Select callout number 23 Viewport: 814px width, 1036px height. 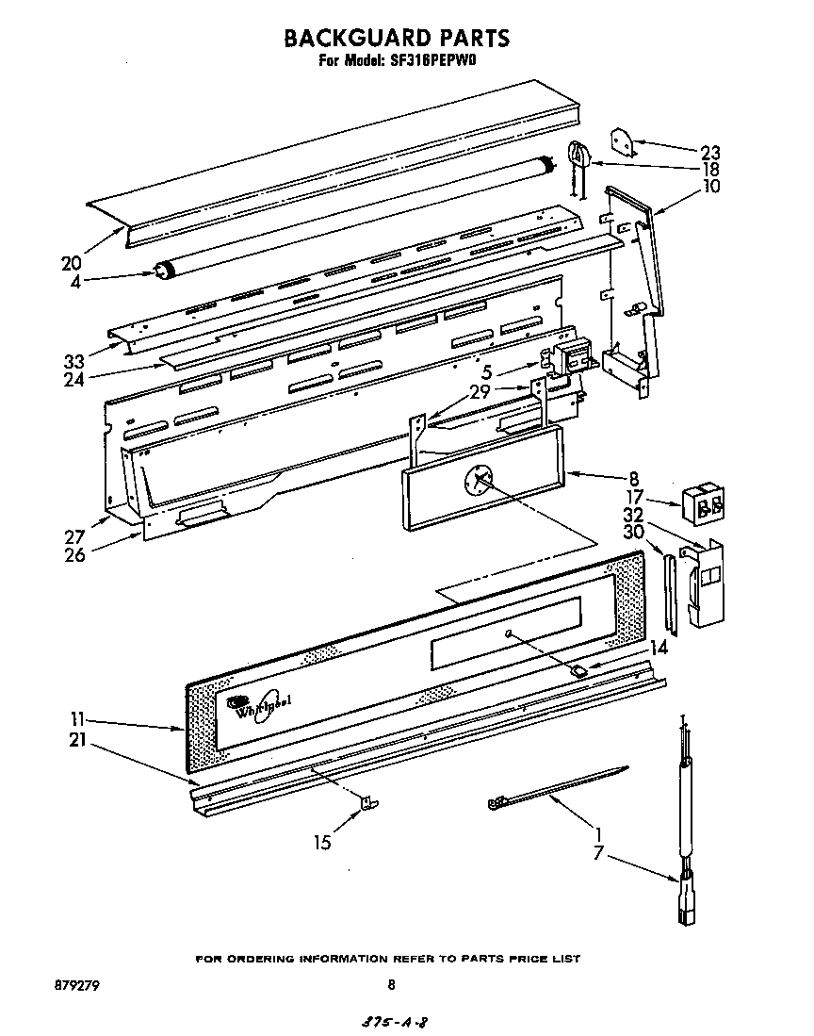pos(710,153)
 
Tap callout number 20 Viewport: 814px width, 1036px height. pos(72,262)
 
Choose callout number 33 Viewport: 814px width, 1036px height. pos(73,360)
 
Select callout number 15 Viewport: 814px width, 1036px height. pos(323,843)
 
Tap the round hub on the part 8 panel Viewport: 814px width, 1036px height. pos(479,481)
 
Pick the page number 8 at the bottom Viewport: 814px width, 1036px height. pos(391,985)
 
